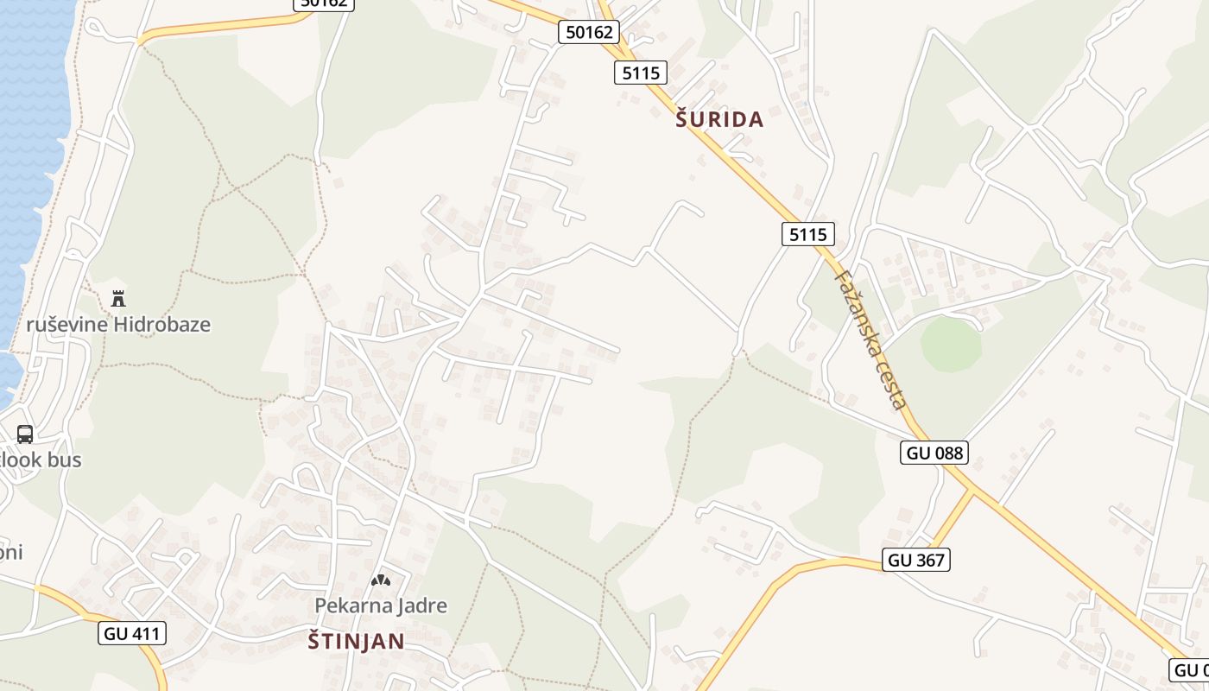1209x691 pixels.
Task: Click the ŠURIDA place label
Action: click(x=719, y=120)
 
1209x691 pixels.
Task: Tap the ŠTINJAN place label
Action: click(x=357, y=641)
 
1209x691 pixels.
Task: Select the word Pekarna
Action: click(x=346, y=605)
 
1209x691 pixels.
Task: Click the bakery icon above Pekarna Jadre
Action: click(x=380, y=580)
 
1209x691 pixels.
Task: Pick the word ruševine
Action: click(x=67, y=325)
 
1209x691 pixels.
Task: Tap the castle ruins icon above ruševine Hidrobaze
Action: click(x=118, y=299)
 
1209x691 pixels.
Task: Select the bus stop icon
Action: click(x=25, y=434)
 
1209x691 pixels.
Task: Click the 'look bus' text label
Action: click(x=41, y=460)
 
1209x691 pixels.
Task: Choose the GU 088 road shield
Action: click(x=934, y=452)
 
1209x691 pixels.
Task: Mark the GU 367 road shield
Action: click(x=916, y=560)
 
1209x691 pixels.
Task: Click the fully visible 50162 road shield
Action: click(x=589, y=33)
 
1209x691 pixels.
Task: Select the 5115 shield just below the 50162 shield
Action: click(x=641, y=73)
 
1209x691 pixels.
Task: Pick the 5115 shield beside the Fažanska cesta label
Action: click(x=808, y=234)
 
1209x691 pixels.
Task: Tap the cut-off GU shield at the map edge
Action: click(x=1190, y=669)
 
